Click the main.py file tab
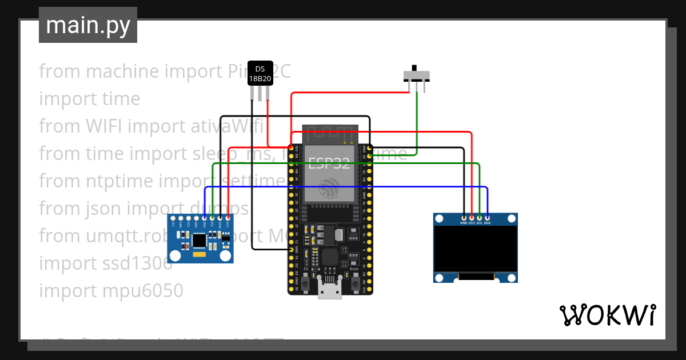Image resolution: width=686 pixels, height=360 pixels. click(x=88, y=25)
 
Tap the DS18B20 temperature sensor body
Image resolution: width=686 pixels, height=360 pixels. click(x=260, y=73)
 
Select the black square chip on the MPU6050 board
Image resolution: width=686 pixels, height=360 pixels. click(x=200, y=241)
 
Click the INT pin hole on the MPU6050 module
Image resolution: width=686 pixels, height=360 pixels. click(x=173, y=218)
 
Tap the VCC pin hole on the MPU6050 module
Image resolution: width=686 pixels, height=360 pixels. click(x=228, y=218)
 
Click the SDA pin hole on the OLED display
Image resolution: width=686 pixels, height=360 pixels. click(x=487, y=217)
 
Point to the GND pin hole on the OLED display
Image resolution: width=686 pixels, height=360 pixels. click(x=464, y=217)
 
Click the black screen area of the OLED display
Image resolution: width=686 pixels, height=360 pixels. click(x=476, y=248)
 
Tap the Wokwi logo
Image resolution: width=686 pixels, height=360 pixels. click(x=607, y=315)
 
